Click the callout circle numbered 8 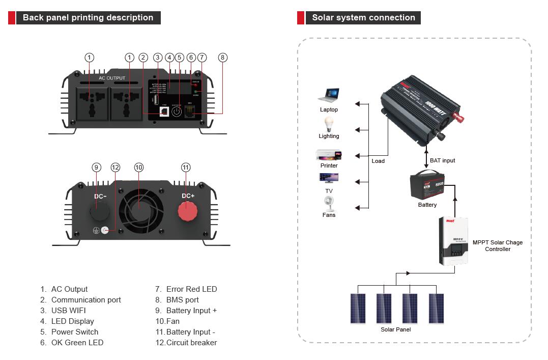point(222,58)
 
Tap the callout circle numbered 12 point(116,168)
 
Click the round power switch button point(177,112)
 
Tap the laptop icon point(329,95)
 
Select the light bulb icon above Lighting point(329,124)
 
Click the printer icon point(329,154)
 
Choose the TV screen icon point(329,178)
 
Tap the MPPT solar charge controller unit point(453,241)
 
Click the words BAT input point(442,160)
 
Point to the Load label point(378,161)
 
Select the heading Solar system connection point(363,17)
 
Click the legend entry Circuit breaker point(191,343)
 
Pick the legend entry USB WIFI point(68,311)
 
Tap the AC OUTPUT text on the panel point(112,78)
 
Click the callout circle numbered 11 point(186,168)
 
